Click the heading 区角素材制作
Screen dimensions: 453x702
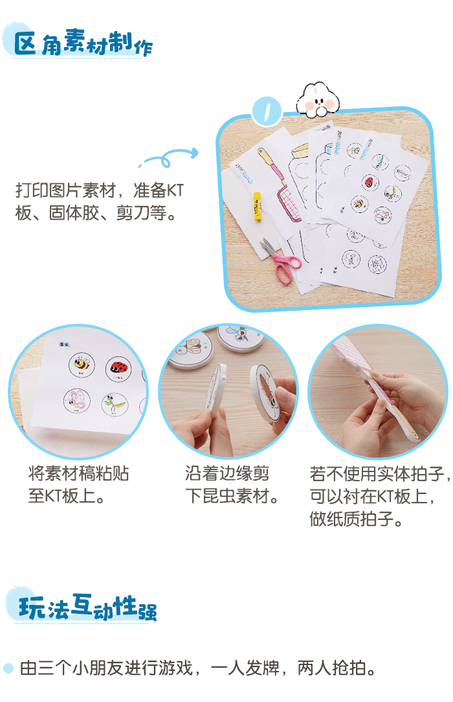coord(83,43)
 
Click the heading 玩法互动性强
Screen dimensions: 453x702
coord(87,607)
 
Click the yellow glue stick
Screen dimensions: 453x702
coord(257,207)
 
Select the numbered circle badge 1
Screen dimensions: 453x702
coord(267,111)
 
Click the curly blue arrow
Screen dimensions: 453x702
coord(169,157)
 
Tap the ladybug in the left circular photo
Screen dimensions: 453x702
coord(119,368)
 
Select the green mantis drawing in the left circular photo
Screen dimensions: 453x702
coord(114,403)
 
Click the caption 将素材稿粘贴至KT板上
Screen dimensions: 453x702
coord(78,484)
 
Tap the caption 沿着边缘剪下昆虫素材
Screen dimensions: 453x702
coord(232,484)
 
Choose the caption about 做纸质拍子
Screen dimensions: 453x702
coord(380,496)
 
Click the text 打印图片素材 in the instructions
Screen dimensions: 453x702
coord(66,190)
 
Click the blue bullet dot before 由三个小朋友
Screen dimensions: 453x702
coord(8,668)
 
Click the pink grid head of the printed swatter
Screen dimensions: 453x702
coord(289,204)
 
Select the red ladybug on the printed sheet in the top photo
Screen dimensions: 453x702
coord(370,182)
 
